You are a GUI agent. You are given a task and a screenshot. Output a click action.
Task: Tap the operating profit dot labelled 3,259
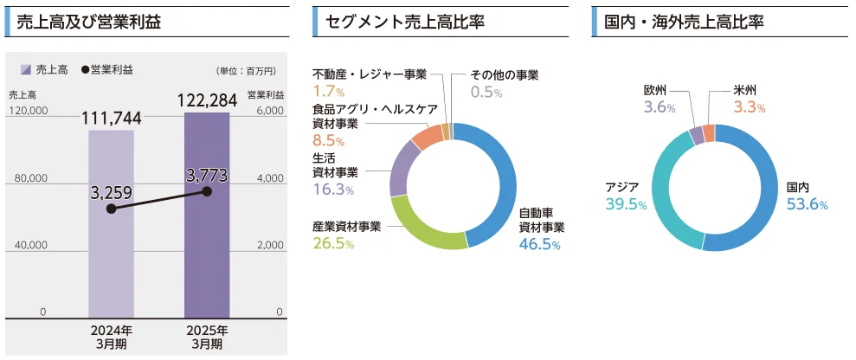coord(110,209)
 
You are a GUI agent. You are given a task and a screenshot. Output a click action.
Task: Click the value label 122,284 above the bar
coord(207,100)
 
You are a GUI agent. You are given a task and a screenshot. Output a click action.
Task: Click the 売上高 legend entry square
coord(25,70)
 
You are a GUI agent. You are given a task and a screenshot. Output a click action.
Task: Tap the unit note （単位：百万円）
coord(246,71)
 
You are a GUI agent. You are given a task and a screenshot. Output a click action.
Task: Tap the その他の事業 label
coord(505,75)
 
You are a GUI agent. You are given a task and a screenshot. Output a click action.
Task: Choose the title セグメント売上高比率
coord(404,22)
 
